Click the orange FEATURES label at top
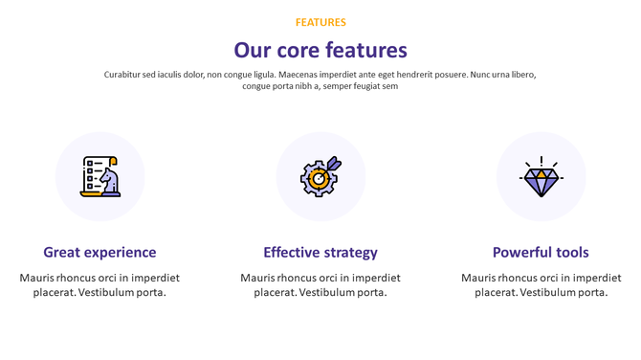pos(320,22)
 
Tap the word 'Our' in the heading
pos(253,51)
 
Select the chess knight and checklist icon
pos(99,176)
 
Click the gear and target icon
pos(320,176)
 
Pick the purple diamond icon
pos(541,177)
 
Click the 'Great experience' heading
pos(99,253)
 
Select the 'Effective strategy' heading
pos(320,253)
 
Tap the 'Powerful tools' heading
pos(541,253)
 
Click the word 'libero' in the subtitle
pos(521,75)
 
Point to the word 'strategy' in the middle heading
pos(347,253)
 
